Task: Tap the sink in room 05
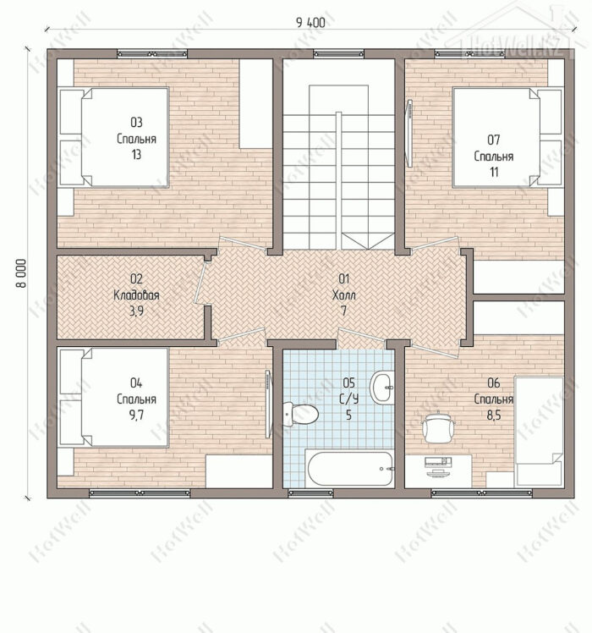(381, 388)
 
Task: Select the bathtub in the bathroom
(349, 469)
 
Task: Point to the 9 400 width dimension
(310, 23)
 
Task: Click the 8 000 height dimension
(21, 273)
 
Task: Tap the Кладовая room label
(136, 295)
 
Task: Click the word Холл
(344, 295)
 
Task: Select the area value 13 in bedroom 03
(136, 155)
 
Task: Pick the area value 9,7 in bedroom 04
(136, 415)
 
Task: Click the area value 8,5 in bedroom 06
(494, 415)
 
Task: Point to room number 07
(494, 140)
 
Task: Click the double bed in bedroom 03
(113, 137)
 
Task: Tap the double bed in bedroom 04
(113, 398)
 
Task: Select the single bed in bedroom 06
(539, 431)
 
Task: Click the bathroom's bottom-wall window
(310, 493)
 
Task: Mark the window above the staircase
(338, 53)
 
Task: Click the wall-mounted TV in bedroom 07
(409, 133)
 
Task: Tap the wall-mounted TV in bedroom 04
(269, 405)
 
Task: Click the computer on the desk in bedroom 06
(438, 465)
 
